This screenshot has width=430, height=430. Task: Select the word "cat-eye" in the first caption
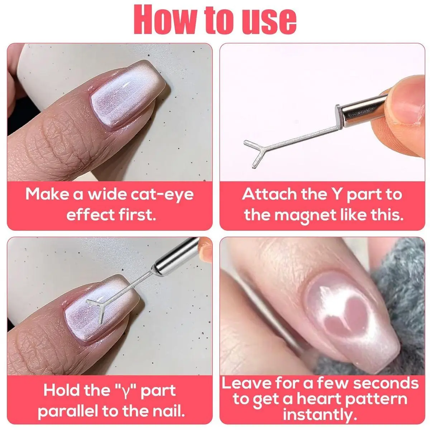click(x=162, y=195)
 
